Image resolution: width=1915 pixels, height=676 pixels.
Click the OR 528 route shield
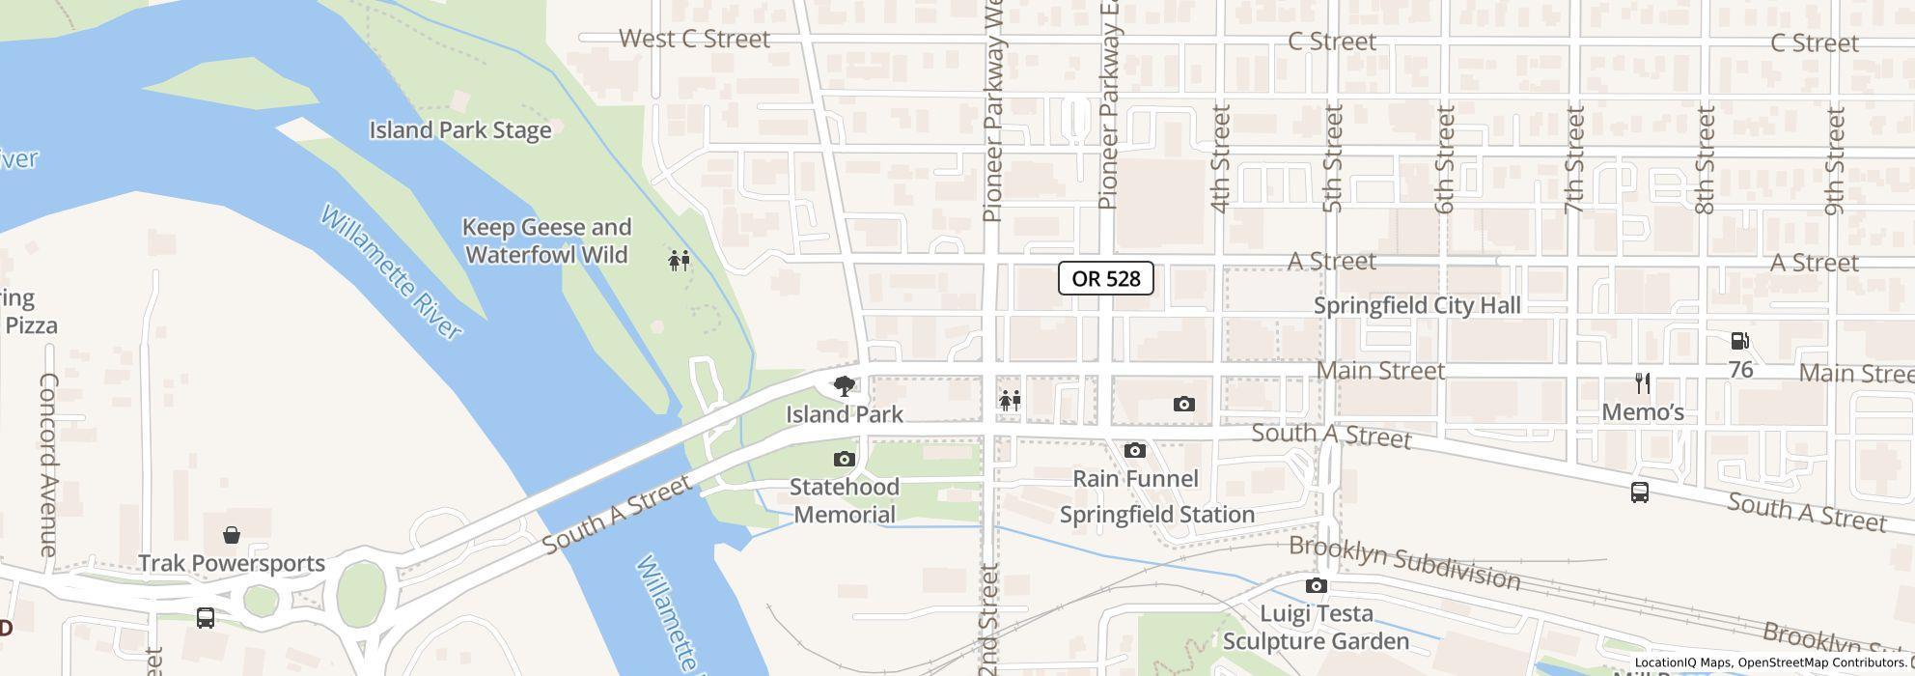click(1106, 278)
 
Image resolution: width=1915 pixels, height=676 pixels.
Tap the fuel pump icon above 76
click(1739, 341)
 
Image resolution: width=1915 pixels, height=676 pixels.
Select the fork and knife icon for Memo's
click(1643, 383)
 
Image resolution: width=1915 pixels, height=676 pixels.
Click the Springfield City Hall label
click(1417, 306)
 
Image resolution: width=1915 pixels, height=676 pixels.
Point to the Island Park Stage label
click(460, 130)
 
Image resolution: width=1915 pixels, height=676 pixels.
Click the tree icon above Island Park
click(845, 387)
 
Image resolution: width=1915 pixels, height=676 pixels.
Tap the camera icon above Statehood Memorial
click(845, 459)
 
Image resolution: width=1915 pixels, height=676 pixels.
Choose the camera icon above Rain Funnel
click(1135, 451)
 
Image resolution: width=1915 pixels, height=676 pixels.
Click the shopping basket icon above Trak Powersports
click(232, 535)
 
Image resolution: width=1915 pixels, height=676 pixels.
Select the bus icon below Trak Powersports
click(206, 618)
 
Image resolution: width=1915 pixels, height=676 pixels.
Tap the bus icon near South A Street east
click(1639, 493)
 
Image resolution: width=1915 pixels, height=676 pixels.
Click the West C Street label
click(694, 40)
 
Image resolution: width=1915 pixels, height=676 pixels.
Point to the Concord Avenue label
click(48, 464)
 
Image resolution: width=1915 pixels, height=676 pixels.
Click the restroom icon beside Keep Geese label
click(680, 260)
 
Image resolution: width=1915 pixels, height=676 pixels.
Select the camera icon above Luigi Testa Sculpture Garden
click(1316, 586)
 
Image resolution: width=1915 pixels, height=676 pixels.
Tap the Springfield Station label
click(1157, 515)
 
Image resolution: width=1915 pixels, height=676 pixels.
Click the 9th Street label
click(1835, 160)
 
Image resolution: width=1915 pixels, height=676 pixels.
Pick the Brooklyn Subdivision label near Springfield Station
click(1404, 562)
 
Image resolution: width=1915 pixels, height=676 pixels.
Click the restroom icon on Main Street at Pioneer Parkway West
click(1010, 401)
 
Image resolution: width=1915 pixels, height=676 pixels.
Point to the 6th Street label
click(1445, 160)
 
